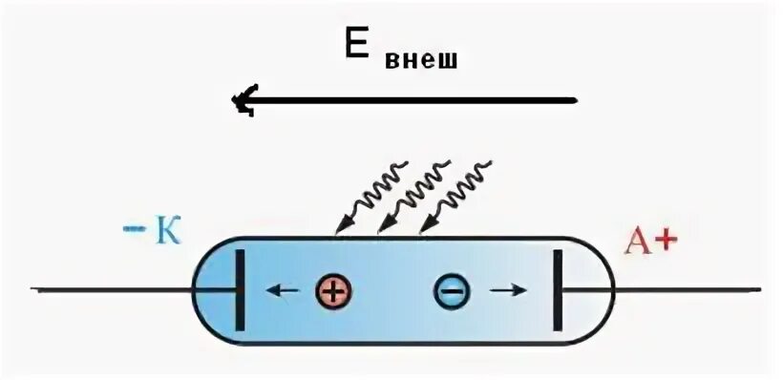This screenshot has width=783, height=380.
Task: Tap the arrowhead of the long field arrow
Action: coord(245,98)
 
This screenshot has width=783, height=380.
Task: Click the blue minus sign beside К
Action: coord(131,229)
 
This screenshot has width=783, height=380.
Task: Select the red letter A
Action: coord(638,243)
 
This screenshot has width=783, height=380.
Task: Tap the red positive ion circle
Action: coord(332,290)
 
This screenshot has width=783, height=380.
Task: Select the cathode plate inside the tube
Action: coord(235,289)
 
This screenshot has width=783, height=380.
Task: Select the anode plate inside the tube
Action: coord(557,289)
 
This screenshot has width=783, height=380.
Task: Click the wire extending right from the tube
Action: coord(688,288)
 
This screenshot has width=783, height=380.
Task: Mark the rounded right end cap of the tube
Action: coord(587,289)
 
